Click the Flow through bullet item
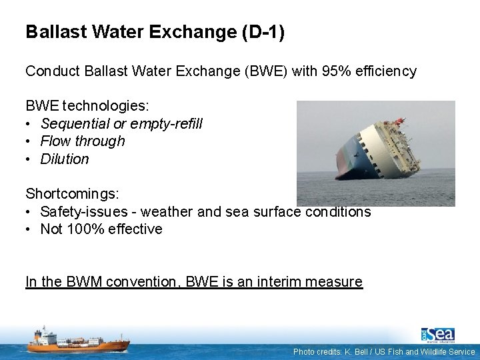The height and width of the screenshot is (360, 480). click(83, 141)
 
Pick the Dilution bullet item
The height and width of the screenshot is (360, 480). click(65, 159)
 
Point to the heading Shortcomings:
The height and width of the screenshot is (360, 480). click(72, 194)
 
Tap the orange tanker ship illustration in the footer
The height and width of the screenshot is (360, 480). click(78, 341)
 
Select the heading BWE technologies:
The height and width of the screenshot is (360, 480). click(87, 106)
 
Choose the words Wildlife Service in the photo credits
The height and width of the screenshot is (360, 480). click(450, 352)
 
